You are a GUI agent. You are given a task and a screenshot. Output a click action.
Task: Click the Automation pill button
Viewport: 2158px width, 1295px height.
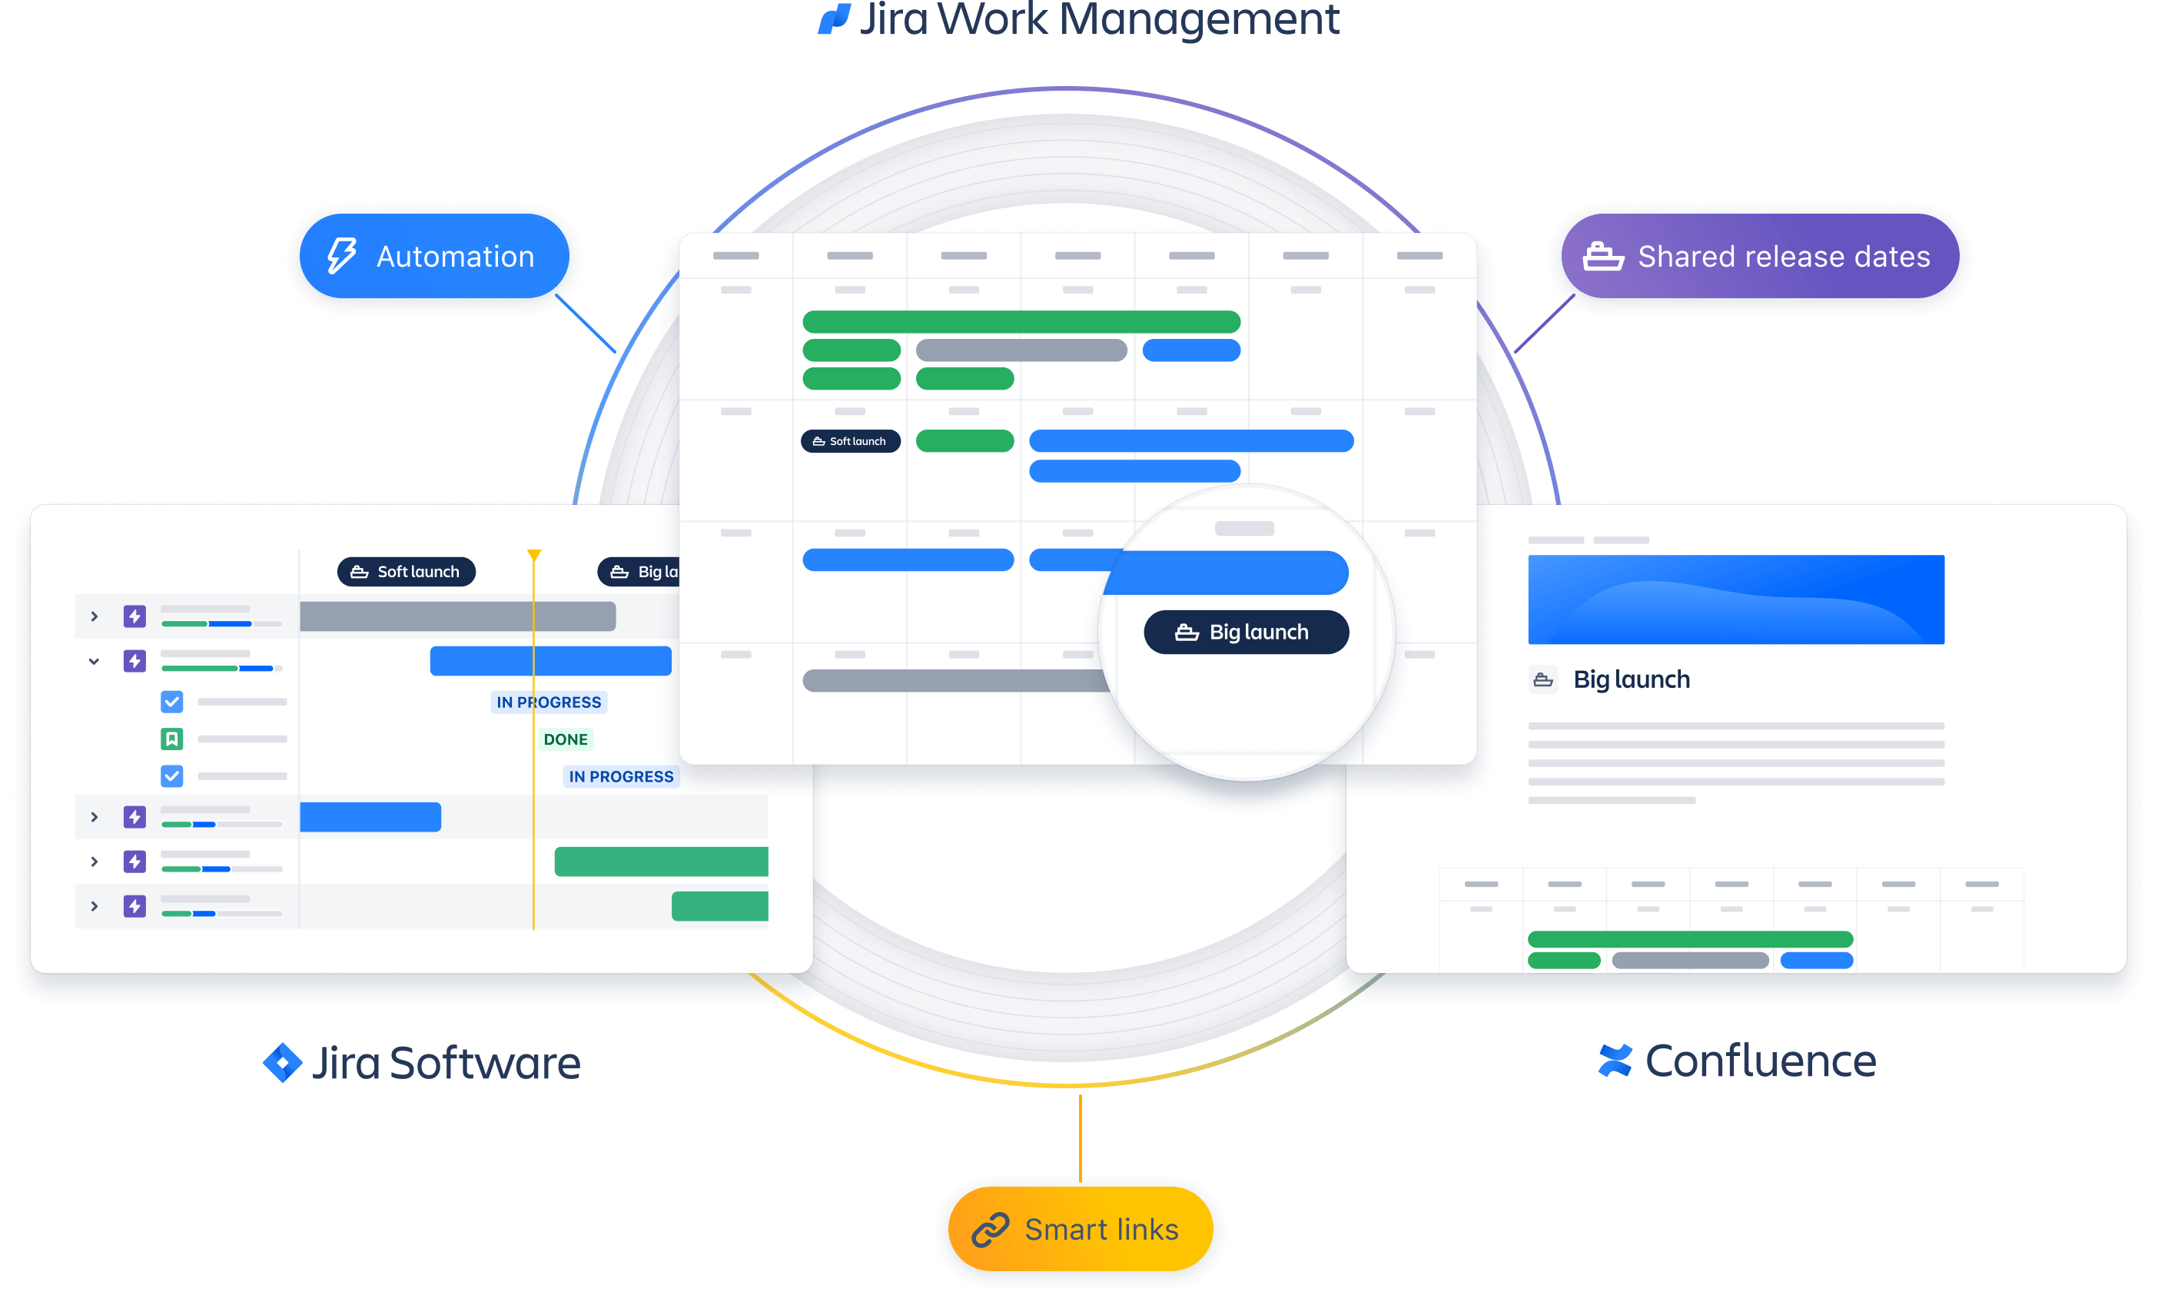433,257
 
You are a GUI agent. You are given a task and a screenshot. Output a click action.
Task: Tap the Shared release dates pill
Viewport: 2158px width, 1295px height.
1758,257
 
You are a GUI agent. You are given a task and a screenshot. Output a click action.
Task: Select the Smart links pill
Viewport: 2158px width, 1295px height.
1081,1229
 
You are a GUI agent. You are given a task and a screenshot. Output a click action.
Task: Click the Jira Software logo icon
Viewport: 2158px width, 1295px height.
283,1063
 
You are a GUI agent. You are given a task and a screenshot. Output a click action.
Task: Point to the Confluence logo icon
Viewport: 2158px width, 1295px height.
1615,1061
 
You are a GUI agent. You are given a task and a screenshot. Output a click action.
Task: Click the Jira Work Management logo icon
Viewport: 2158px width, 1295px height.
835,18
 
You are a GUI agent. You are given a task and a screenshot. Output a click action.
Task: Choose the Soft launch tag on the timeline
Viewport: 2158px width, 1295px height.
406,572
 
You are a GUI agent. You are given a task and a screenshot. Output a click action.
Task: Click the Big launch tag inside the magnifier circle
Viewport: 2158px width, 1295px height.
1246,632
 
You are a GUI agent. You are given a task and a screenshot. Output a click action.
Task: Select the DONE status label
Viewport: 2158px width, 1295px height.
566,739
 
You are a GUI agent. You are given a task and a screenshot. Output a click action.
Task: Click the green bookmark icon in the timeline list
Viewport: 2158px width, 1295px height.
172,739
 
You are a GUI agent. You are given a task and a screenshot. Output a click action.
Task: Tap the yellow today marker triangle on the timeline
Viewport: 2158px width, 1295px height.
534,555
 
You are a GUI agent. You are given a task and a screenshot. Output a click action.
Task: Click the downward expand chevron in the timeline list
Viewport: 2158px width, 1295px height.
95,662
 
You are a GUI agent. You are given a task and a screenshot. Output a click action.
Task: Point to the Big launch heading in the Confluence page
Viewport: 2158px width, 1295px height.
1631,680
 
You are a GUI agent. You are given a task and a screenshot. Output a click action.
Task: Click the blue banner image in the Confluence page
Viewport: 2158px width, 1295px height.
1735,599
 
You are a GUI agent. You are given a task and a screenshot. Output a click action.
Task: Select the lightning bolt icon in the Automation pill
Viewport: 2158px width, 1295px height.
341,257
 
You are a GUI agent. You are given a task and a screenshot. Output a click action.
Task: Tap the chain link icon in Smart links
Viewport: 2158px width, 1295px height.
991,1230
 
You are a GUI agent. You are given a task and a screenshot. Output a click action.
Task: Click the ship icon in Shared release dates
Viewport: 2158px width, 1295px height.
1603,257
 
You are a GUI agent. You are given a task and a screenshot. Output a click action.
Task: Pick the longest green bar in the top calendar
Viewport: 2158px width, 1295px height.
1021,322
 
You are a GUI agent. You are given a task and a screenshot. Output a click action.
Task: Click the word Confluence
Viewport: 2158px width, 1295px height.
1760,1061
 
